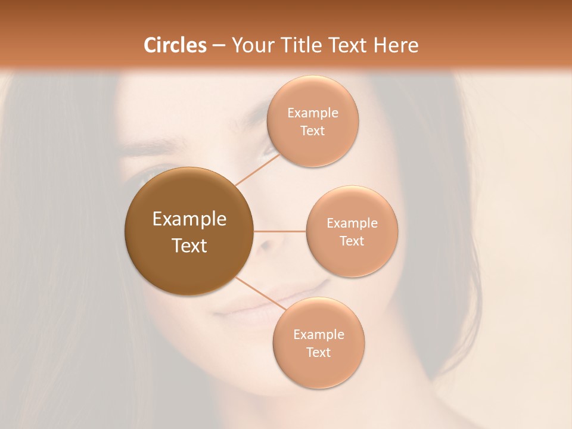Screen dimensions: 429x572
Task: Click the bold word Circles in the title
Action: (175, 45)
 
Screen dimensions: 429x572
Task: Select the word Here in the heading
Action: (396, 45)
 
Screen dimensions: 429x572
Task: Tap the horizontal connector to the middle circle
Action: (279, 231)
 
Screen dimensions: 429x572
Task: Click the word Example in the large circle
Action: (189, 219)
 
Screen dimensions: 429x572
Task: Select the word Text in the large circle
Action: (189, 245)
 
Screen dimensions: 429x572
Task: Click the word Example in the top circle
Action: (313, 113)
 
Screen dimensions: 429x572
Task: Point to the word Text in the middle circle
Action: (352, 241)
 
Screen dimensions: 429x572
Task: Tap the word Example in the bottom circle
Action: (319, 334)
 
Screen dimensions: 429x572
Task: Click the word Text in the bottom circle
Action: (318, 352)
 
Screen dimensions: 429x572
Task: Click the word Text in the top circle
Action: (312, 130)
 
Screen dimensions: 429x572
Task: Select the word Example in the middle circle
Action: (352, 223)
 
